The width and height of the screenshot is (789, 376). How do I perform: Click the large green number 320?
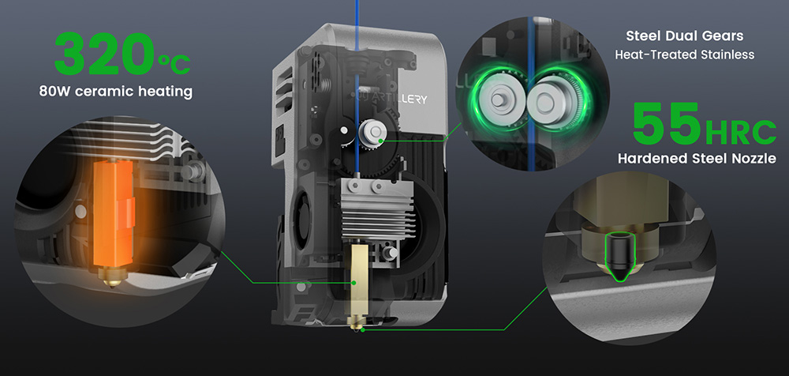(105, 54)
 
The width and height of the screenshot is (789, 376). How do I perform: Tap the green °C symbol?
(174, 64)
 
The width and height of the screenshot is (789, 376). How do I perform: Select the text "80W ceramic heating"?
(116, 92)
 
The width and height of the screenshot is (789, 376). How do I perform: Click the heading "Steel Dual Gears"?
(684, 36)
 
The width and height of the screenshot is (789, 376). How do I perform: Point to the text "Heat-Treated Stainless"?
(684, 55)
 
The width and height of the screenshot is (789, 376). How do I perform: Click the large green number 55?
(667, 123)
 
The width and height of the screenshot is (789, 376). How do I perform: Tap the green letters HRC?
(740, 132)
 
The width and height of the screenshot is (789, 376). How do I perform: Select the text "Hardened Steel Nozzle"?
(697, 159)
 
